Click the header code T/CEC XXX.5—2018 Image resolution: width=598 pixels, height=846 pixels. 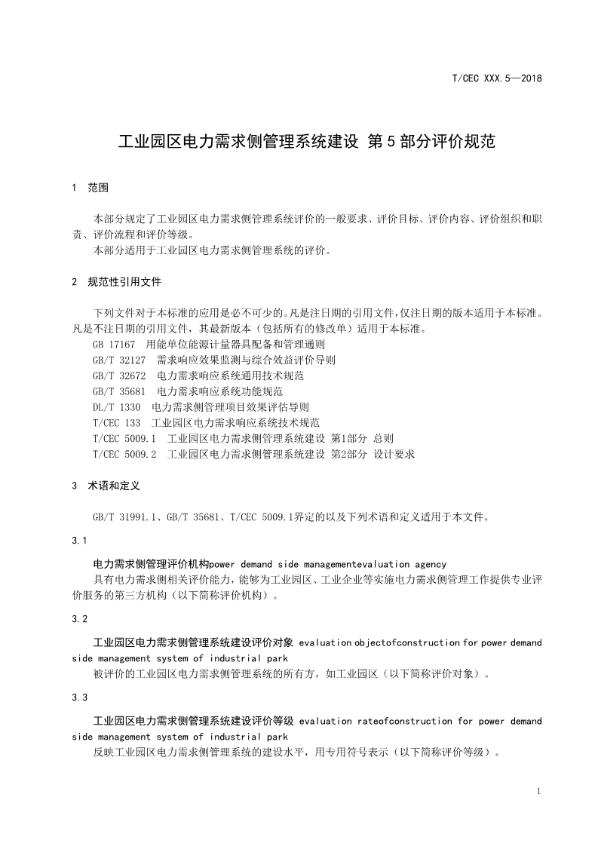497,78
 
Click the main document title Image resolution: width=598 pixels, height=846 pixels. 308,141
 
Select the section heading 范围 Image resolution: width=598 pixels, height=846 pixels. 98,187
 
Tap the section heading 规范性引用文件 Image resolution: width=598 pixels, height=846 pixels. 124,282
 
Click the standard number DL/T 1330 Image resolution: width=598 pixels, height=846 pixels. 116,407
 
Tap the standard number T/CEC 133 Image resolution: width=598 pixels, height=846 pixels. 116,423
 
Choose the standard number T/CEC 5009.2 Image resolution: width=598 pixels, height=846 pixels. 124,455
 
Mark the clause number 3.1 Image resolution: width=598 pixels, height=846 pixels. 80,541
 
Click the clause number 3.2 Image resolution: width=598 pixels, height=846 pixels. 80,619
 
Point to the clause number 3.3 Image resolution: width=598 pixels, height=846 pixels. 80,697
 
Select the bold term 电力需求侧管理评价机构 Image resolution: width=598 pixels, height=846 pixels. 150,564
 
